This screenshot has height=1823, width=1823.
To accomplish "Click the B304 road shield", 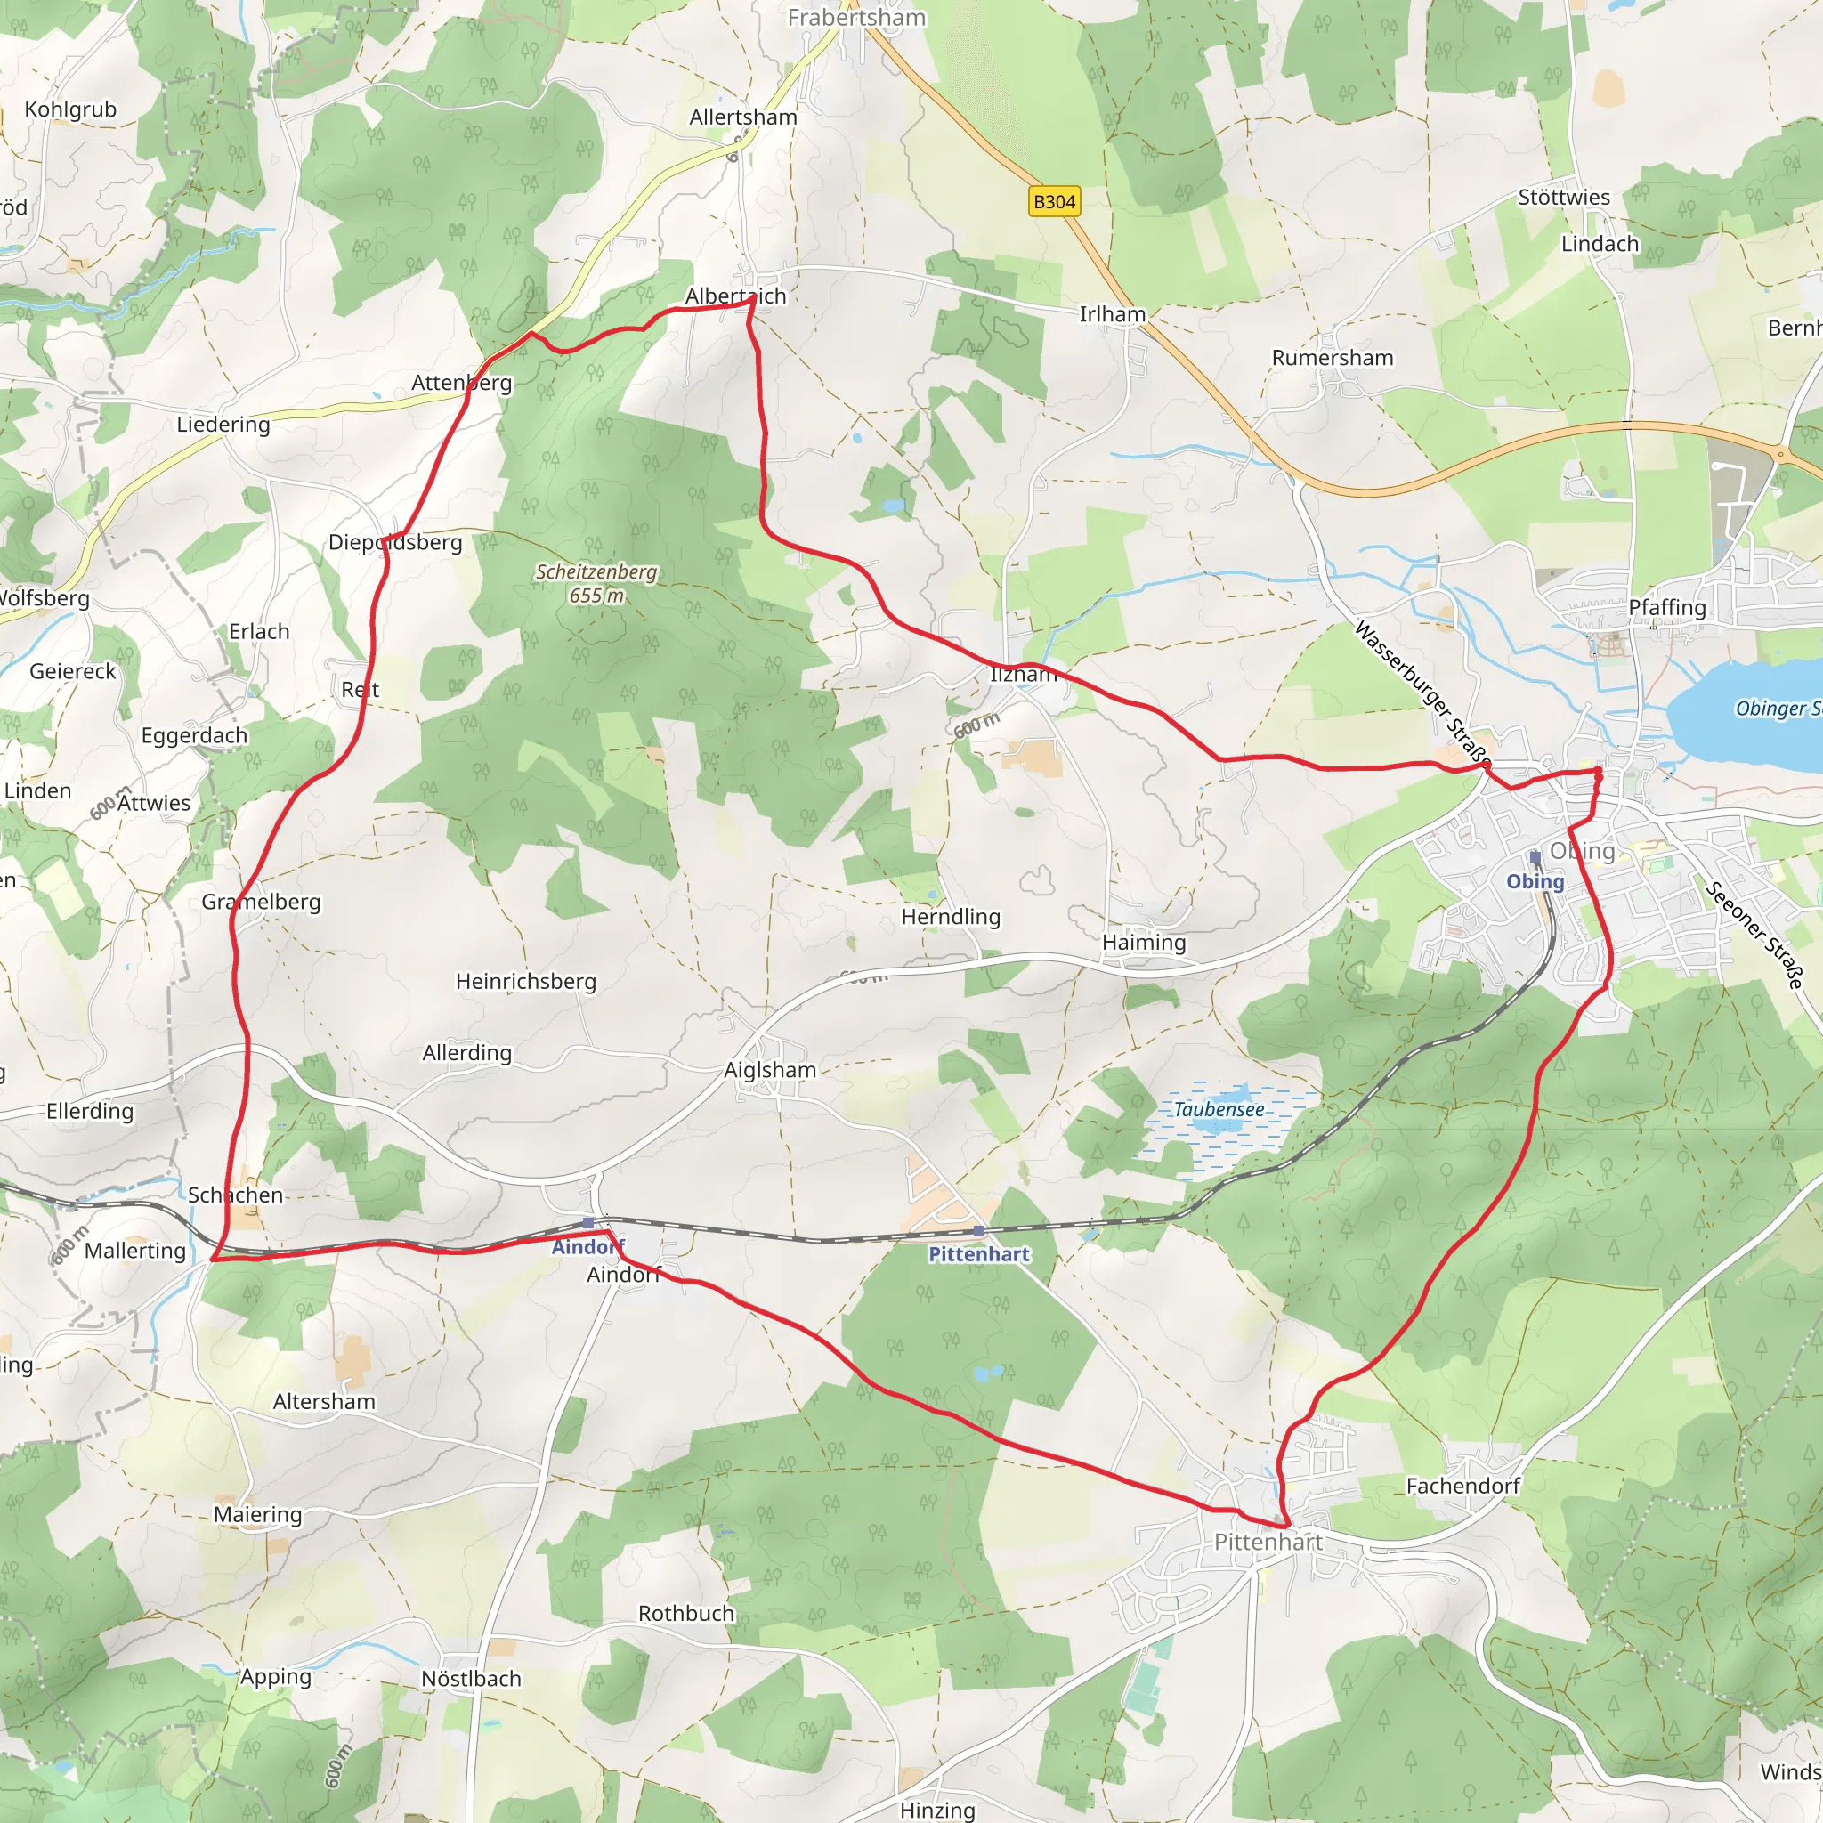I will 1054,202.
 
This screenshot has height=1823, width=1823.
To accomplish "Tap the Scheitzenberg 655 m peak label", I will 596,583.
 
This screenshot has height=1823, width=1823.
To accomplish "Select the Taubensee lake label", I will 1219,1110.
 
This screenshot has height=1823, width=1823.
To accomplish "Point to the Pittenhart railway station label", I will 978,1254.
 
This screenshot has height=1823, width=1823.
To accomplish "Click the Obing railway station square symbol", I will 1535,857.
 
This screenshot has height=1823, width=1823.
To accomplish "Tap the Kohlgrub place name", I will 71,109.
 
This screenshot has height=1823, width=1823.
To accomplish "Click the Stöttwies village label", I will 1563,198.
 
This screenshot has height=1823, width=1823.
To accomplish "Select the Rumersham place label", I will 1333,358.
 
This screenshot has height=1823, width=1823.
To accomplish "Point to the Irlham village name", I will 1113,314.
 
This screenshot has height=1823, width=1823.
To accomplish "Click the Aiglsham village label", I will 770,1070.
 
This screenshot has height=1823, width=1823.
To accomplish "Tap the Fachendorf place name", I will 1462,1487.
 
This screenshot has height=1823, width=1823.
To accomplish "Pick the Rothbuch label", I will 686,1614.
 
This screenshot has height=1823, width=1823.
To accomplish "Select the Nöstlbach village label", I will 471,1679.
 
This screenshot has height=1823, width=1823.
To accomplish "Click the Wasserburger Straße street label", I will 1423,692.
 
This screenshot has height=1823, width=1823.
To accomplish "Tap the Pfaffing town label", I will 1667,608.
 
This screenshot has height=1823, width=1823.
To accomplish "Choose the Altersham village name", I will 324,1401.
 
